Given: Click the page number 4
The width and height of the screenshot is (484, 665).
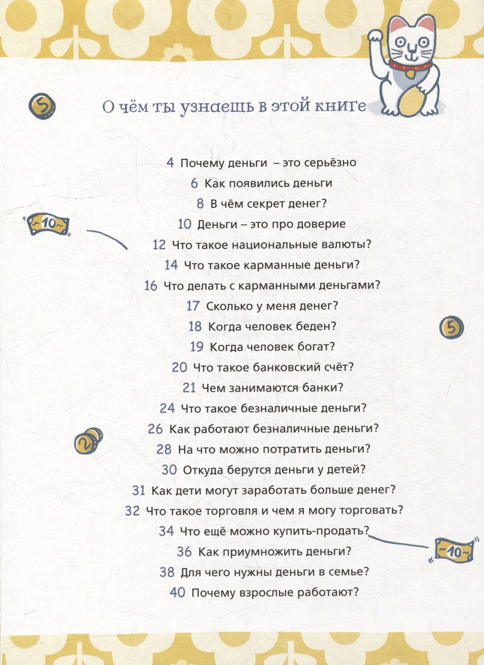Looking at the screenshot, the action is [x=170, y=163].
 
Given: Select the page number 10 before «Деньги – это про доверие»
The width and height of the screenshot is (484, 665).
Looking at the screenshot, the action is [x=185, y=224].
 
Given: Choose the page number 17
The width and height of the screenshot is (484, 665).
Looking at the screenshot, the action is [x=193, y=306].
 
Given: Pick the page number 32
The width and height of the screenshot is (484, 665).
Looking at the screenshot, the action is [x=133, y=511].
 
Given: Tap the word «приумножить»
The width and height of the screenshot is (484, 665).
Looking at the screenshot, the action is [x=262, y=552].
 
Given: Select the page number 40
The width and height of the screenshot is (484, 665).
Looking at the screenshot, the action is [x=177, y=593].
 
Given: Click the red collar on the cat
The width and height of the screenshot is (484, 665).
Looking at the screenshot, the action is [x=410, y=65].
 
